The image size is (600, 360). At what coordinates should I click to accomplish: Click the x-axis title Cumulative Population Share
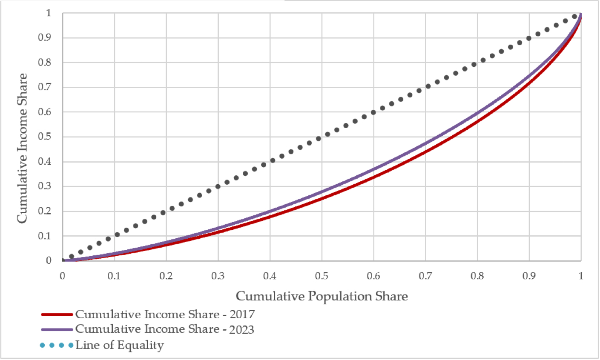pyautogui.click(x=322, y=296)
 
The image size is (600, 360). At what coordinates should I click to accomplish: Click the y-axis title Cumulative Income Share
pyautogui.click(x=22, y=148)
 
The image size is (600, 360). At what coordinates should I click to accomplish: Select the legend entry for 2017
pyautogui.click(x=165, y=314)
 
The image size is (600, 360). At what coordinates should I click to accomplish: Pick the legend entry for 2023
pyautogui.click(x=164, y=329)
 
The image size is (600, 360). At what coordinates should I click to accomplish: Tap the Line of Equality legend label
pyautogui.click(x=119, y=345)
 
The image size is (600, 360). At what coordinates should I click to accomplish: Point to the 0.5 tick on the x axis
pyautogui.click(x=322, y=276)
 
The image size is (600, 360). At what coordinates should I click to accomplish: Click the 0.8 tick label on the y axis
pyautogui.click(x=45, y=63)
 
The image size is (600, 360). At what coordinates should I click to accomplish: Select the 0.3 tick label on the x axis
pyautogui.click(x=218, y=276)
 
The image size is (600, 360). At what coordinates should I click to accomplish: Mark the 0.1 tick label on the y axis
pyautogui.click(x=45, y=236)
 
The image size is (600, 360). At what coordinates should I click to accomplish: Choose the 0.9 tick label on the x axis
pyautogui.click(x=529, y=276)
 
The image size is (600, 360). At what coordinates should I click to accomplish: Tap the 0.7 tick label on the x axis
pyautogui.click(x=425, y=276)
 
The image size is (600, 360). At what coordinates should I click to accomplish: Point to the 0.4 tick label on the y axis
pyautogui.click(x=45, y=162)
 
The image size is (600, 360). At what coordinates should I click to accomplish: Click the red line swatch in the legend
pyautogui.click(x=57, y=315)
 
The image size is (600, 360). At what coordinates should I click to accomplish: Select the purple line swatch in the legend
pyautogui.click(x=57, y=329)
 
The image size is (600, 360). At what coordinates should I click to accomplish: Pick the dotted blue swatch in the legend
pyautogui.click(x=56, y=345)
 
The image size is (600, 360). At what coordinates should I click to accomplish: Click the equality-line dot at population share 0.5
pyautogui.click(x=319, y=139)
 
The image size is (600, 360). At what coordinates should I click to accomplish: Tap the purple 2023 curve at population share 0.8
pyautogui.click(x=477, y=112)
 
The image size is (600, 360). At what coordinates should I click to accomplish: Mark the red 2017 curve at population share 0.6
pyautogui.click(x=373, y=177)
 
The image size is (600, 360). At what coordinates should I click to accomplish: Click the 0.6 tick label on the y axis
pyautogui.click(x=45, y=112)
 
